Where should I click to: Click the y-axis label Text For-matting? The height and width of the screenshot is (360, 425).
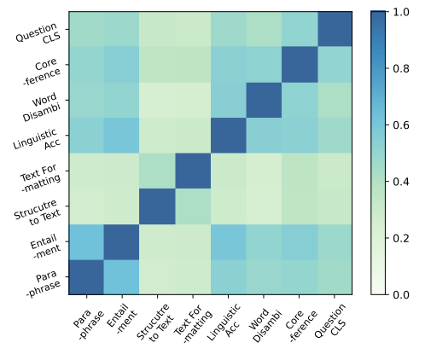(40, 171)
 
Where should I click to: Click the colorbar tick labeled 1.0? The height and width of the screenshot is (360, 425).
(402, 13)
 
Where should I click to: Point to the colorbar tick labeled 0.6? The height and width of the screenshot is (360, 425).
(402, 125)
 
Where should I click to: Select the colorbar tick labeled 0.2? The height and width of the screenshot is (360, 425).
(402, 238)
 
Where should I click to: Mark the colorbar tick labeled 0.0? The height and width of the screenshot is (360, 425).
(402, 294)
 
